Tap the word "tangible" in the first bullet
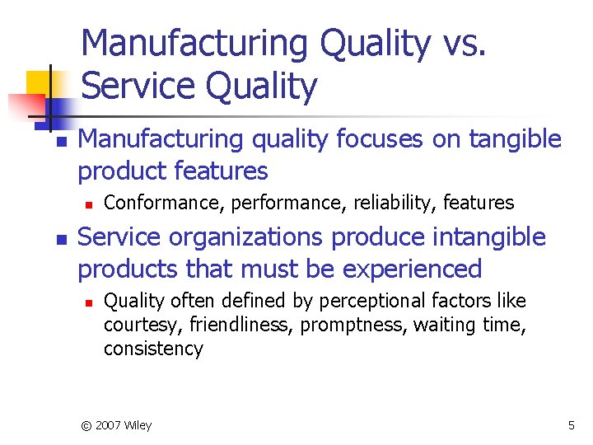pyautogui.click(x=511, y=139)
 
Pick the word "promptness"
pyautogui.click(x=354, y=325)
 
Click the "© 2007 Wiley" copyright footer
pyautogui.click(x=116, y=425)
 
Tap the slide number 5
pyautogui.click(x=571, y=425)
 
